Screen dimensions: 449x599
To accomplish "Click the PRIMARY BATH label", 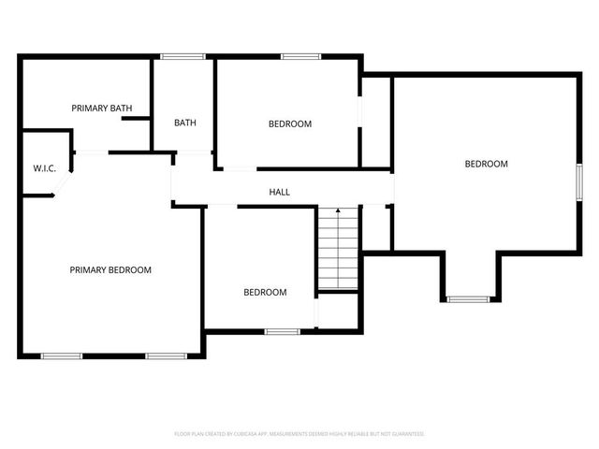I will coord(102,109).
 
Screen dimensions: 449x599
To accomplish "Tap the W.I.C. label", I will coord(45,168).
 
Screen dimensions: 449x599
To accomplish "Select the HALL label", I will coord(279,192).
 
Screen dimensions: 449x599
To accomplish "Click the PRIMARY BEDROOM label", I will coord(110,269).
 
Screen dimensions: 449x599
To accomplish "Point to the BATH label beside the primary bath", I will coord(184,123).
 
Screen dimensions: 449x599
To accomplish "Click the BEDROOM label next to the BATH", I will coord(289,123).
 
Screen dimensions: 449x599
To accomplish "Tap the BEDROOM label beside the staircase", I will coord(265,292).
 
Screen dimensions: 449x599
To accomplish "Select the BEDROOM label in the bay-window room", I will coord(486,164).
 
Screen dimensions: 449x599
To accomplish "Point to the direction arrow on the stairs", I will coord(338,213).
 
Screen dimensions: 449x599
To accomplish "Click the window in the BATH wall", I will coord(183,57).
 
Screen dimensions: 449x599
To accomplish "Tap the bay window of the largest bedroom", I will coord(468,299).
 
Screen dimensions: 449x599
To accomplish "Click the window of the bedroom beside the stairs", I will coord(282,331).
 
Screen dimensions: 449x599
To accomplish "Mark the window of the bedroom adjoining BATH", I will coord(300,57).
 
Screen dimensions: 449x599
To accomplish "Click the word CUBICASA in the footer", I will coord(252,434).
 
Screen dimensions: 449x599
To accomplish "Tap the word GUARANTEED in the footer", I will coord(405,434).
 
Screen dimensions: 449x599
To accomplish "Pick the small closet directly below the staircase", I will coord(338,311).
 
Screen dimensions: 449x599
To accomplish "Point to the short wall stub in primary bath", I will coord(136,119).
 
